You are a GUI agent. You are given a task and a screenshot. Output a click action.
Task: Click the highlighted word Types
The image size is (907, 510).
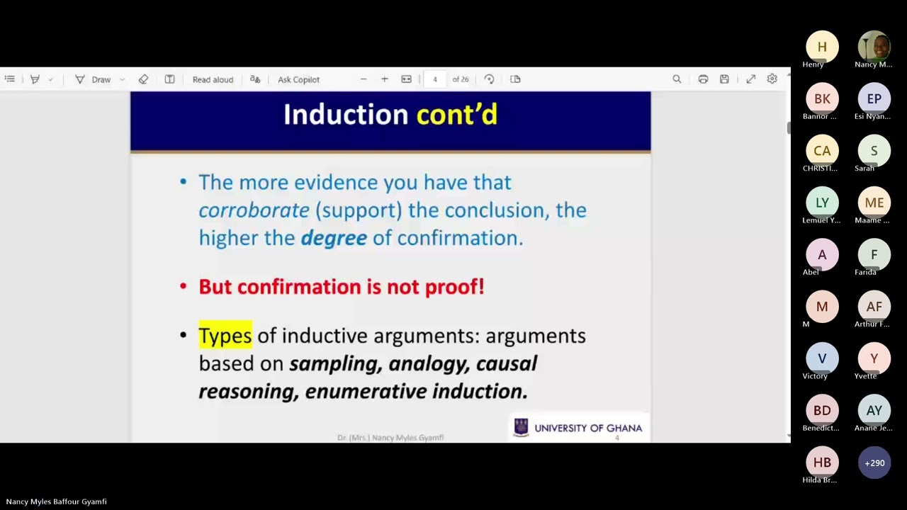(225, 335)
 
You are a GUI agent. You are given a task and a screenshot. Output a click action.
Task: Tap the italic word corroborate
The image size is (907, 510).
(254, 210)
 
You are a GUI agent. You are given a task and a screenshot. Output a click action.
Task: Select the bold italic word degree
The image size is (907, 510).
(334, 238)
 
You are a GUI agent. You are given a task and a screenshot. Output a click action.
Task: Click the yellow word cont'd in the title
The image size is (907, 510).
(456, 115)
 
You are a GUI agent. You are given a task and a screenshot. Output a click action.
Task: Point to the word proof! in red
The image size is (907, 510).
(454, 287)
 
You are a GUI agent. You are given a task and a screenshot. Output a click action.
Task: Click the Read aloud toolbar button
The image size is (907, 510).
(213, 79)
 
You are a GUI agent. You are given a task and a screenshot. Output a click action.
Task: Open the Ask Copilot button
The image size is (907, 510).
(298, 79)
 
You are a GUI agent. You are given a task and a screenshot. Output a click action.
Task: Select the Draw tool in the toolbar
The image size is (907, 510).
(94, 79)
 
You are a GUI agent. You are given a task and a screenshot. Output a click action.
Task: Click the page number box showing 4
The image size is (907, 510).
(434, 79)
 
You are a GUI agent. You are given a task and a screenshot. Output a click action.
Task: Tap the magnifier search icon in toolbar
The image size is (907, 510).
(677, 79)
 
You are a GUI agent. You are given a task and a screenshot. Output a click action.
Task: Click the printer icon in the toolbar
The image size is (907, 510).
(703, 79)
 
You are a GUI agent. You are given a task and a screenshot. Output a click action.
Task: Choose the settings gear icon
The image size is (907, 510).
(772, 79)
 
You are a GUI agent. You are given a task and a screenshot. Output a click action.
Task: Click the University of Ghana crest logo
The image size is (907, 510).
(522, 427)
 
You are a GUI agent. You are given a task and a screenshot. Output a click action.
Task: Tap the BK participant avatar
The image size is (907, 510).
(822, 98)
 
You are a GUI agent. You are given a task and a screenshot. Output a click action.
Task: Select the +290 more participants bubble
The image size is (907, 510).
(874, 463)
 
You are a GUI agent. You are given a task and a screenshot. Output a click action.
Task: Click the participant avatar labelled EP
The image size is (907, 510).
(874, 98)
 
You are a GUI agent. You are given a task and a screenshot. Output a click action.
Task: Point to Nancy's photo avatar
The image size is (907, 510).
(874, 47)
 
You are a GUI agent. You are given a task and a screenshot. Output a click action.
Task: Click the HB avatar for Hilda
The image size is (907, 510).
(822, 463)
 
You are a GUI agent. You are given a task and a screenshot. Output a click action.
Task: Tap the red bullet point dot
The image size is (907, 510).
(184, 287)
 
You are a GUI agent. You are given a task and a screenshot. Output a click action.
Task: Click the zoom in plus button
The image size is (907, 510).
(384, 79)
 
